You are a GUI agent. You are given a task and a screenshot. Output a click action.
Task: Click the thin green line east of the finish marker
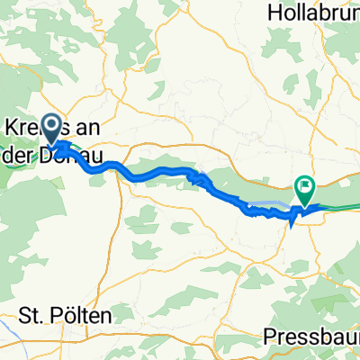point(342,207)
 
